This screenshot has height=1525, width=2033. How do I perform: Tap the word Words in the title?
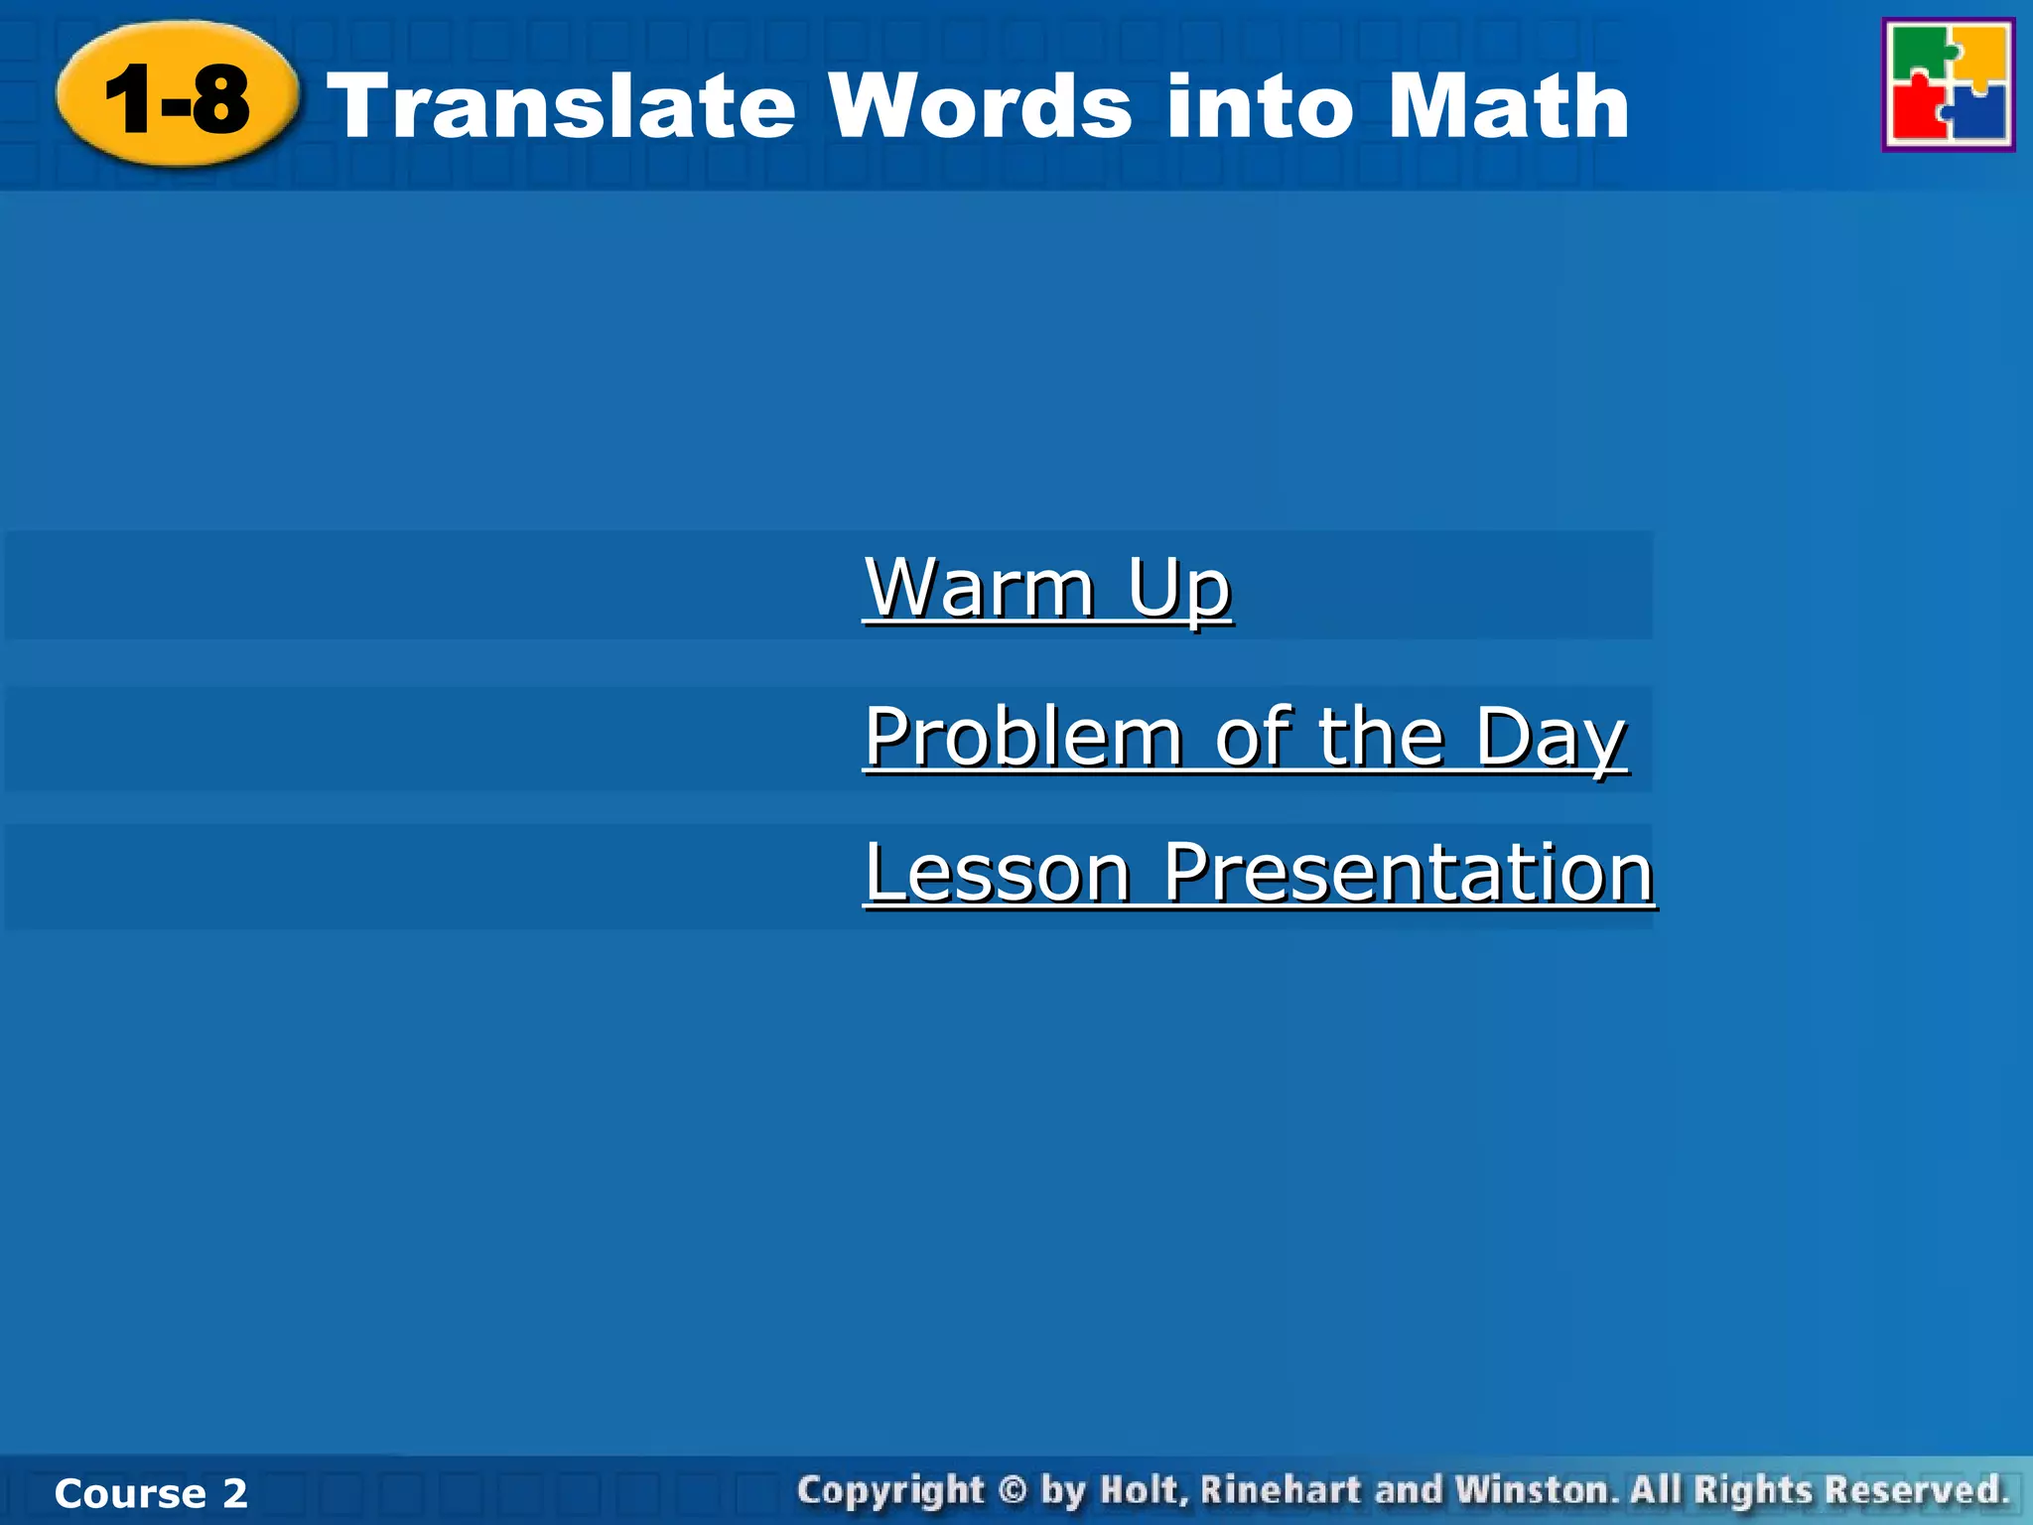981,106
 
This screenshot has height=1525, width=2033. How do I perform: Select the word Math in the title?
1508,106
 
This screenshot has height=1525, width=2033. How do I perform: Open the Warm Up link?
1047,588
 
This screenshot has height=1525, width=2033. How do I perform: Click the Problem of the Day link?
1245,737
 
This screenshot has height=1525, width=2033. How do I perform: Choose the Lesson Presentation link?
1259,873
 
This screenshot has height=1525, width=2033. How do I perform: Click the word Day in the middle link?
1551,737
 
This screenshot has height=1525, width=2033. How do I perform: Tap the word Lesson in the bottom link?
998,873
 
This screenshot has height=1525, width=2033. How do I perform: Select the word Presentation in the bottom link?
1408,873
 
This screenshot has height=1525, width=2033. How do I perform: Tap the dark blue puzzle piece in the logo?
1977,114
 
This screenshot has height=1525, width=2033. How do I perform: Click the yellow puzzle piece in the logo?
1980,55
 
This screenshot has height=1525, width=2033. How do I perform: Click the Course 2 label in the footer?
151,1493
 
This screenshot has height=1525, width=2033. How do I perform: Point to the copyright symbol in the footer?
1012,1490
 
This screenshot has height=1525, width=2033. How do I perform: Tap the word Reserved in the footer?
1916,1490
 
